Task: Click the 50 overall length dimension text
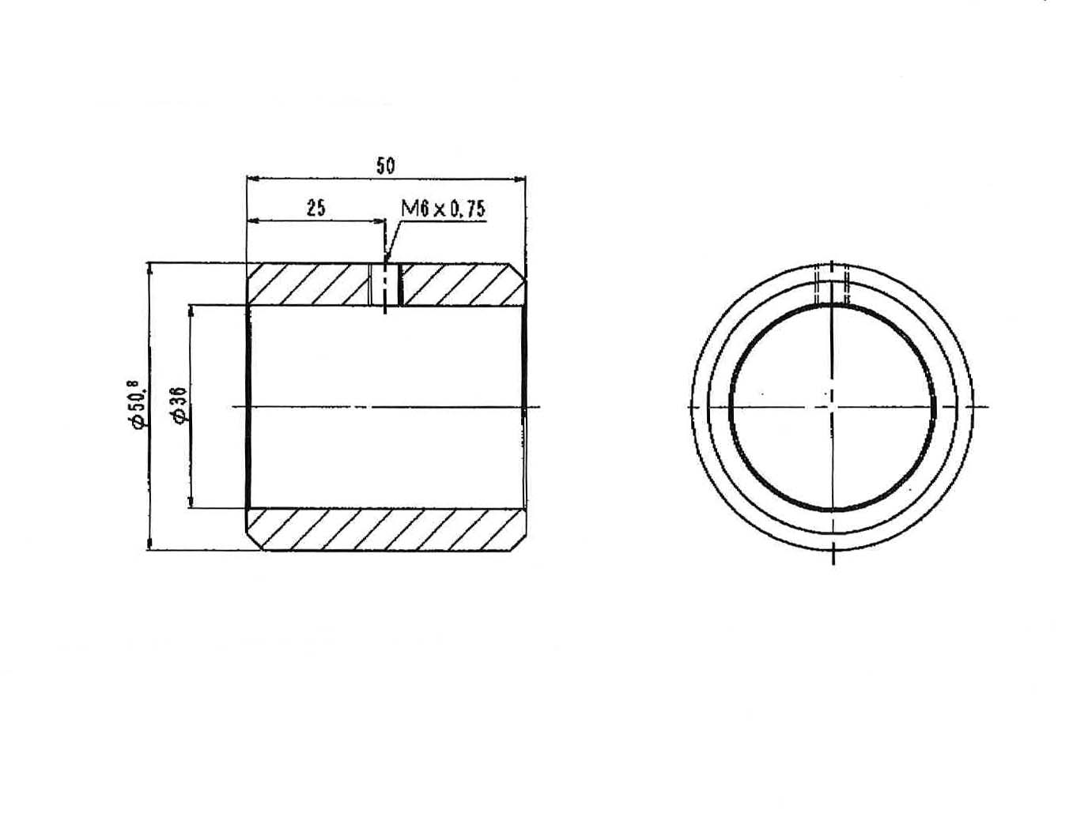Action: pyautogui.click(x=385, y=165)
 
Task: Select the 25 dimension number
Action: pyautogui.click(x=316, y=208)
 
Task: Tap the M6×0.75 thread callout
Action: pyautogui.click(x=443, y=209)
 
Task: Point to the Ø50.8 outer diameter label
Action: pyautogui.click(x=139, y=405)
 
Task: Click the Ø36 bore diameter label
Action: pyautogui.click(x=180, y=405)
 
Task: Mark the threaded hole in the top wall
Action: pyautogui.click(x=385, y=284)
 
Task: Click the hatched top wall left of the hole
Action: pyautogui.click(x=308, y=284)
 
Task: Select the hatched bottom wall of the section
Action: pyautogui.click(x=386, y=529)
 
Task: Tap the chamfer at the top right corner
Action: pyautogui.click(x=517, y=273)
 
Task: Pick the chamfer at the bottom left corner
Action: pyautogui.click(x=255, y=540)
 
